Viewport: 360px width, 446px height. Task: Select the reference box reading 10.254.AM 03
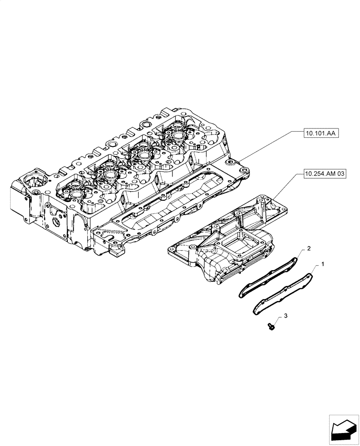tap(325, 174)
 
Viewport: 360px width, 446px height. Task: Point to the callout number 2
tap(308, 248)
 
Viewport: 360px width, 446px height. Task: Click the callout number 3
tap(286, 316)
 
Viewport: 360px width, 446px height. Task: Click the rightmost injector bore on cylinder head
tap(178, 136)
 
